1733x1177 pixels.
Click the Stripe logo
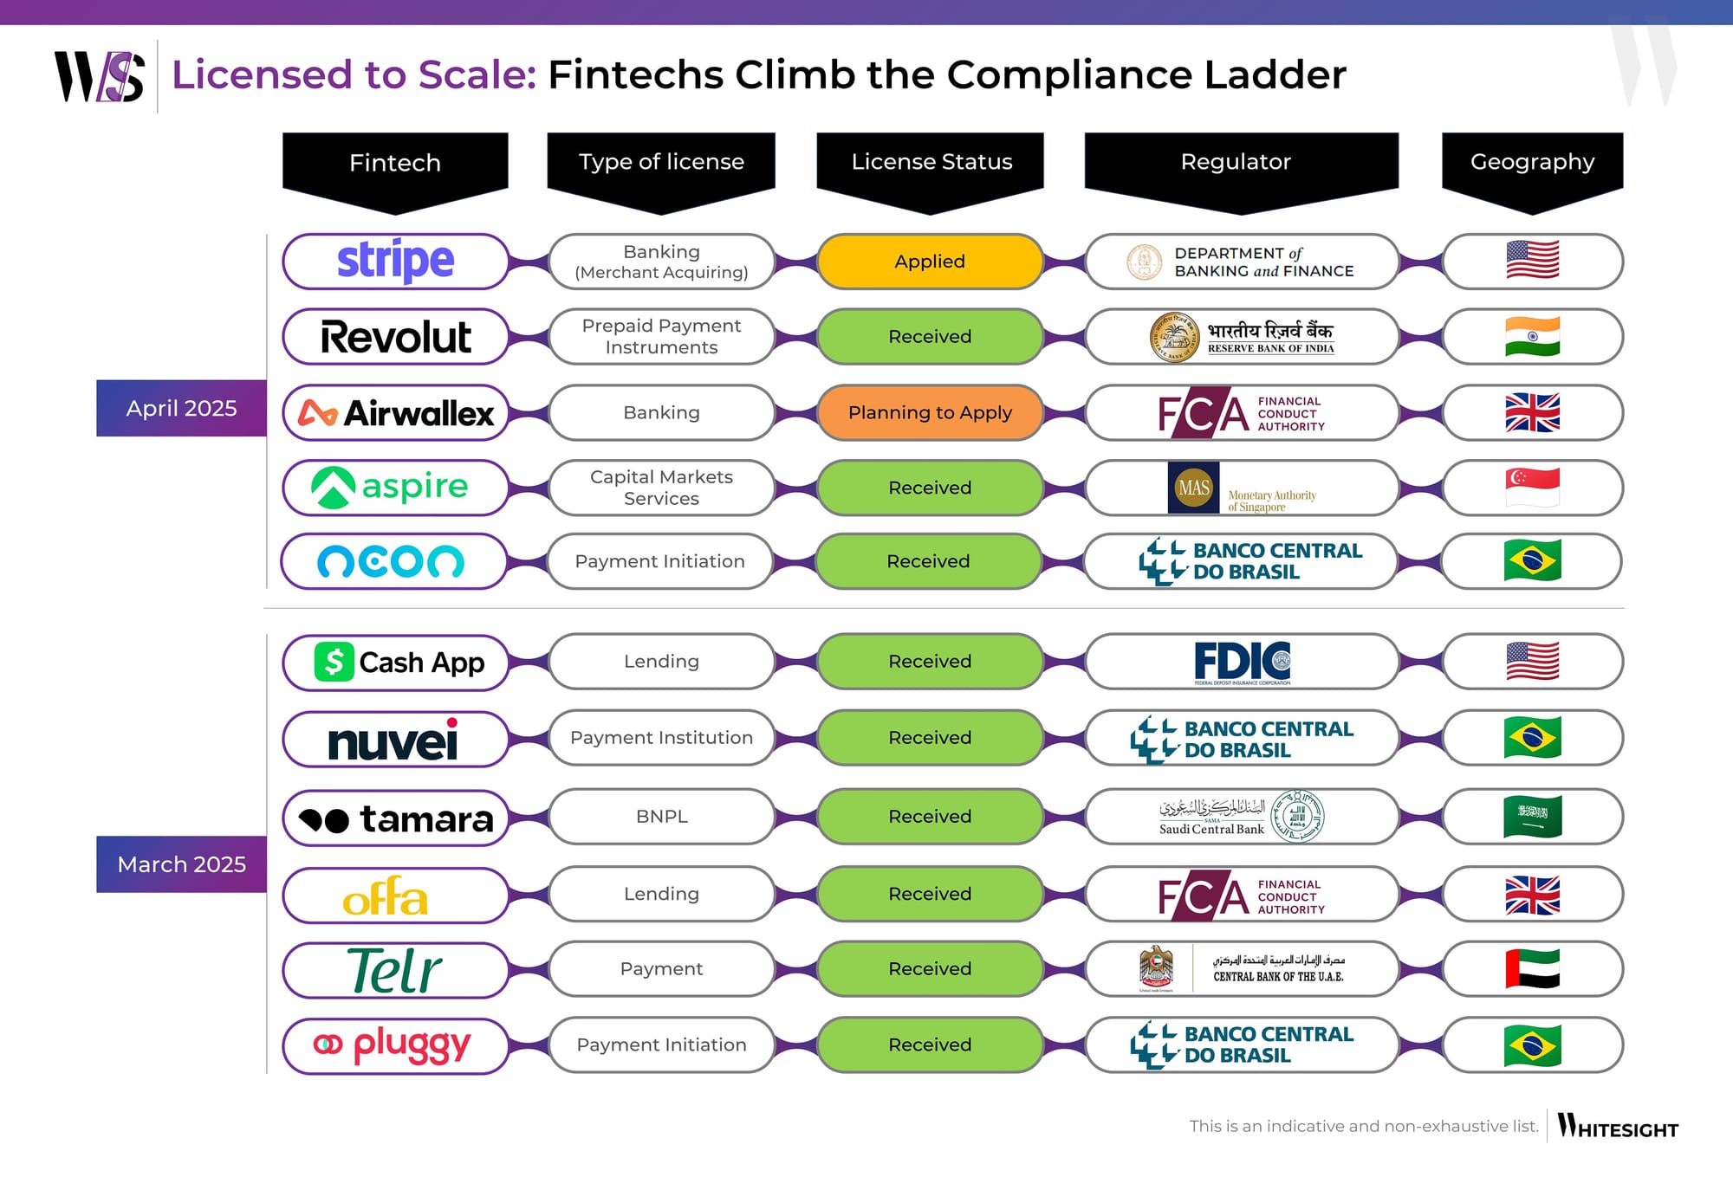tap(395, 261)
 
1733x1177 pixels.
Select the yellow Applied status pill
tap(930, 262)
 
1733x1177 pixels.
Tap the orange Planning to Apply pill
tap(930, 412)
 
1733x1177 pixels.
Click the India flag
tap(1532, 336)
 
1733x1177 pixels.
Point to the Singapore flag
tap(1532, 488)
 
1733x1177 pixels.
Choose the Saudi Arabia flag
tap(1532, 816)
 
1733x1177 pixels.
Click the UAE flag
tap(1532, 968)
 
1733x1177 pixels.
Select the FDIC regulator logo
tap(1242, 663)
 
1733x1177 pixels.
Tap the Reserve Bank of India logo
tap(1242, 337)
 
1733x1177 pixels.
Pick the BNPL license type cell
tap(661, 816)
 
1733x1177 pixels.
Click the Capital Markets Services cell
tap(661, 488)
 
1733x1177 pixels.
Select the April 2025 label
tap(181, 408)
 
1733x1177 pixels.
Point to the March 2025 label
tap(181, 864)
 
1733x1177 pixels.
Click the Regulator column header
tap(1236, 162)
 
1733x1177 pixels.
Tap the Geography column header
tap(1532, 162)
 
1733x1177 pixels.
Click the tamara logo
tap(395, 818)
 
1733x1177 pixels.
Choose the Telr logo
tap(395, 970)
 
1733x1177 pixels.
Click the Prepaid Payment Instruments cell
tap(661, 336)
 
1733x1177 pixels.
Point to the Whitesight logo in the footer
tap(1617, 1126)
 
